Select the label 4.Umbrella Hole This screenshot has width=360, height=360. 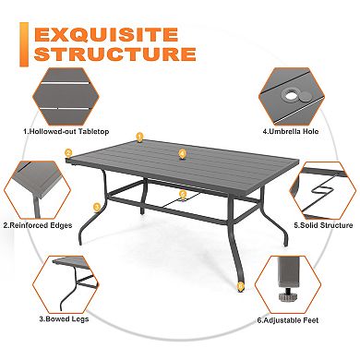pos(292,131)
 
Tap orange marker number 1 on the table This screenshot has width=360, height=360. pos(139,137)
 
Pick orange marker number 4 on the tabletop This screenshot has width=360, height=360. pos(182,153)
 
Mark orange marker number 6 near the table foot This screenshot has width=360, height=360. pos(241,286)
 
